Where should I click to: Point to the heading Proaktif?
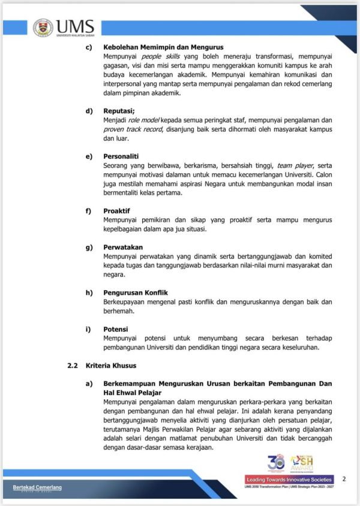click(118, 211)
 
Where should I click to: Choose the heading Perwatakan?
click(122, 247)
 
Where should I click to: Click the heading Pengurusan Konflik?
click(135, 293)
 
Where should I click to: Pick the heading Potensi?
click(116, 329)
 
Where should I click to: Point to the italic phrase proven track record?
click(133, 129)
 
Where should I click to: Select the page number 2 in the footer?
click(344, 478)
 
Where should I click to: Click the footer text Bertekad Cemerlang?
click(37, 487)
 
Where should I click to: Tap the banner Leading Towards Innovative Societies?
click(289, 480)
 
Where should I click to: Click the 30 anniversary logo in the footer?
click(275, 462)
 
